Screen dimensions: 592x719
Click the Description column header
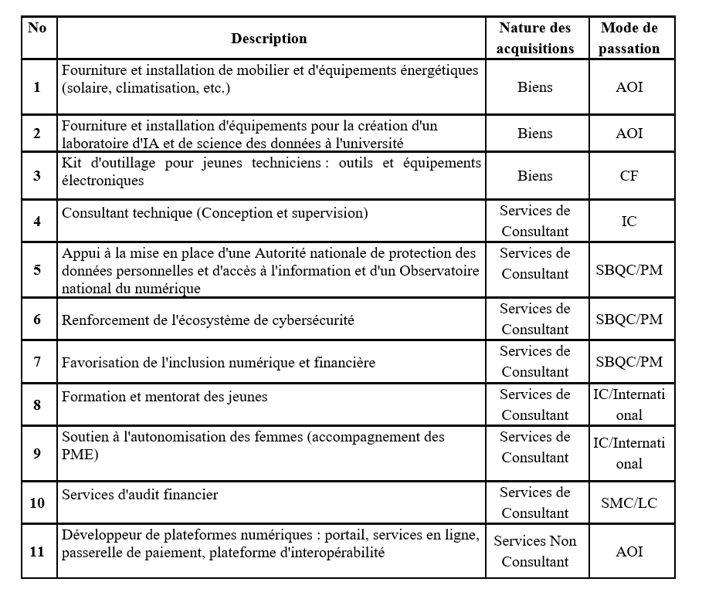[x=269, y=39]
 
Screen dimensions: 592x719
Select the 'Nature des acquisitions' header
[x=535, y=38]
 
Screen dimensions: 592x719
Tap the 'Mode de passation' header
[x=629, y=38]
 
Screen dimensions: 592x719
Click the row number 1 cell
[x=37, y=86]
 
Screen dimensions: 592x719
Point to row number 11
[x=37, y=552]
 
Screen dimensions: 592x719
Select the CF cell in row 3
[x=629, y=176]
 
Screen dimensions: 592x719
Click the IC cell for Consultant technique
[x=629, y=222]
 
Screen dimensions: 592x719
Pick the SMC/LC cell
[x=629, y=502]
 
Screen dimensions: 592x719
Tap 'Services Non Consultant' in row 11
[x=535, y=551]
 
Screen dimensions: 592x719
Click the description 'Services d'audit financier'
[x=140, y=495]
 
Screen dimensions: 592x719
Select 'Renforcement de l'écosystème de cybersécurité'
[x=208, y=320]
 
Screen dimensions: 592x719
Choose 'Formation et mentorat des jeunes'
[x=164, y=397]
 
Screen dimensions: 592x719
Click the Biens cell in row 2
[x=535, y=134]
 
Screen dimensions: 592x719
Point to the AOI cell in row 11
[x=629, y=552]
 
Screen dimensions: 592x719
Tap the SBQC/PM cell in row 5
[x=629, y=270]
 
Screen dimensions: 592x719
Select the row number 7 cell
[x=37, y=362]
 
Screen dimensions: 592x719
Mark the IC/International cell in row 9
[x=629, y=453]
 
